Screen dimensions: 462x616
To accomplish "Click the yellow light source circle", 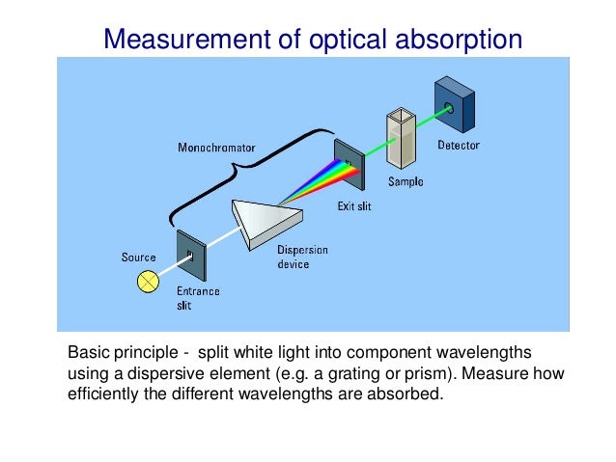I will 149,281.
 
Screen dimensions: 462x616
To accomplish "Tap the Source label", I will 138,258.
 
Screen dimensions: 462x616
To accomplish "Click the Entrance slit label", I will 198,297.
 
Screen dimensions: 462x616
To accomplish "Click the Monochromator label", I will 216,149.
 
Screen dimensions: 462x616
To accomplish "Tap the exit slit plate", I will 348,164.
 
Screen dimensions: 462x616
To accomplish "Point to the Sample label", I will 406,180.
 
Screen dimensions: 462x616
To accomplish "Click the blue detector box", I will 456,103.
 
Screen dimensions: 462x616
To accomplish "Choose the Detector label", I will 459,146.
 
